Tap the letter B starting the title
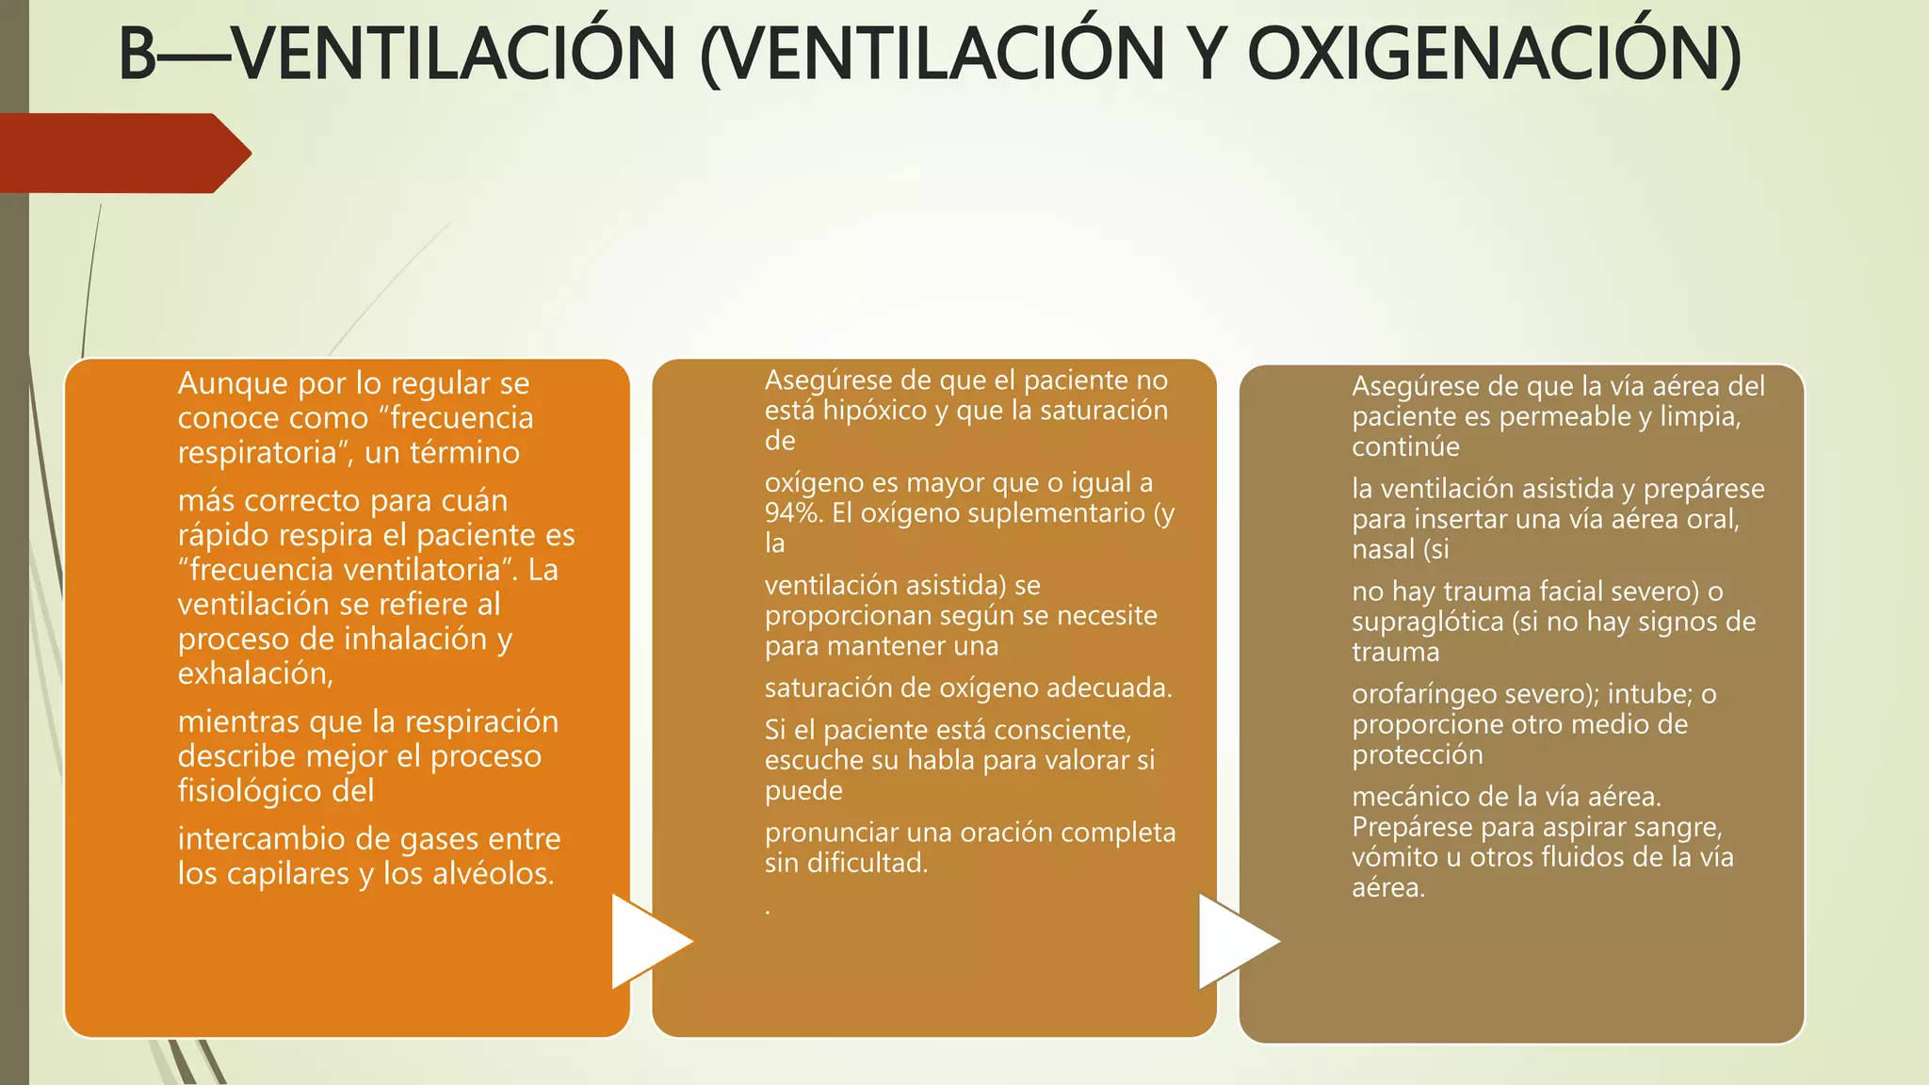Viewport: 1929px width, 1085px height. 138,54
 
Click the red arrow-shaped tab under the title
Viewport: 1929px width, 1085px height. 122,154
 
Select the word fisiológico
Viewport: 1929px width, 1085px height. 251,790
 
